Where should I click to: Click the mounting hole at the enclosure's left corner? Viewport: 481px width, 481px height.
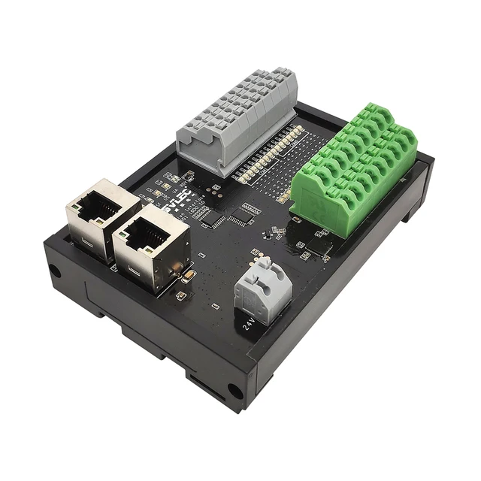pos(55,271)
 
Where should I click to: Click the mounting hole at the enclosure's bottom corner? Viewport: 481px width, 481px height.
pos(234,392)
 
